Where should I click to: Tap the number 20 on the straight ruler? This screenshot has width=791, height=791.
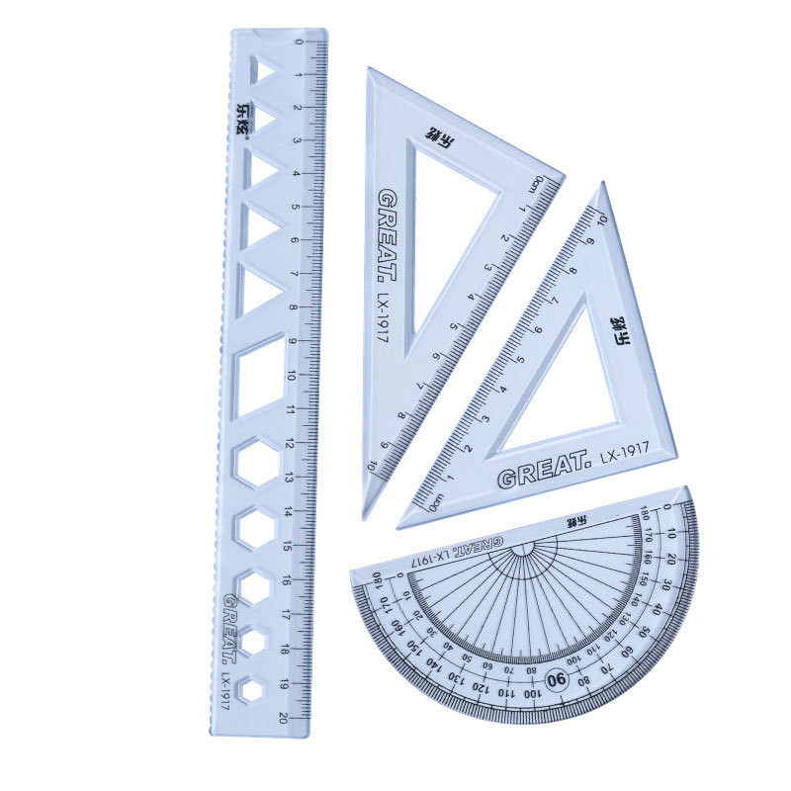tap(285, 718)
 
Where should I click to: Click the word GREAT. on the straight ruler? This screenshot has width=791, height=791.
tap(230, 627)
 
